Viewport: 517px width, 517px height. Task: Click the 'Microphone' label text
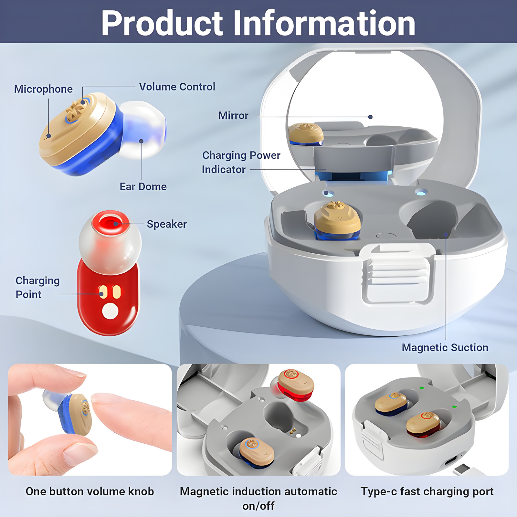[43, 89]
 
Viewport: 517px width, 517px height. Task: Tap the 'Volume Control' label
[177, 87]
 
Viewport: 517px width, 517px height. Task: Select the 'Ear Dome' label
[143, 187]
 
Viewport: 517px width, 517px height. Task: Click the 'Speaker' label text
[167, 224]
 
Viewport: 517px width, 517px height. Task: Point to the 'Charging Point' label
[37, 288]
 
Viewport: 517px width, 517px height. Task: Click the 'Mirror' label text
[233, 116]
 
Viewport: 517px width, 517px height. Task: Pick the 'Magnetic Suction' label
[445, 348]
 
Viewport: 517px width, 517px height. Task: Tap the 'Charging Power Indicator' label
[241, 162]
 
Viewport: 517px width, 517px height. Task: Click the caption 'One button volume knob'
[90, 491]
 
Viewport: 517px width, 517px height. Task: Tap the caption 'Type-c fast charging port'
[427, 491]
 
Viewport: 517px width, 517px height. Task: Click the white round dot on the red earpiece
[110, 311]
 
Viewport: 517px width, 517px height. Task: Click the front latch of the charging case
[397, 275]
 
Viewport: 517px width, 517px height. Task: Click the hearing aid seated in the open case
[337, 221]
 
